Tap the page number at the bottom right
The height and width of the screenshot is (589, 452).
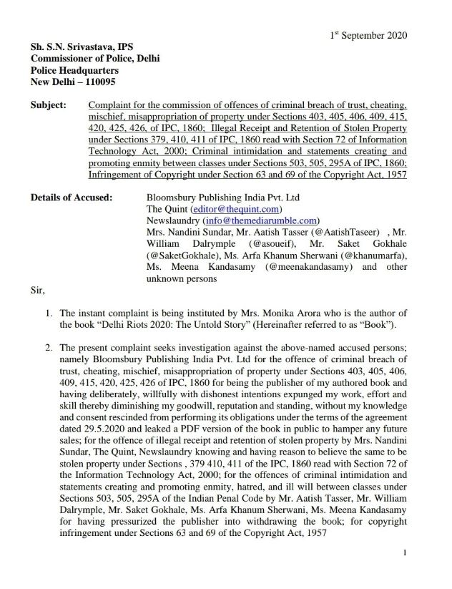pyautogui.click(x=405, y=573)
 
